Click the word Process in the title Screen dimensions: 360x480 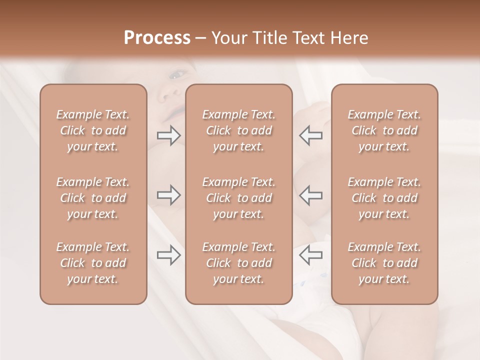[157, 38]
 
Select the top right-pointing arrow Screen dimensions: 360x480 [169, 135]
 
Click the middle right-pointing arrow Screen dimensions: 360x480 [169, 195]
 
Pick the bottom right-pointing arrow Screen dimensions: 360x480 [169, 255]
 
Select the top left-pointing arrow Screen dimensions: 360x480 [310, 135]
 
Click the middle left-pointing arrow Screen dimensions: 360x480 [310, 195]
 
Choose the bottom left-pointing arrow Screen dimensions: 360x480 [310, 255]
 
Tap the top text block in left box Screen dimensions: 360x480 [93, 130]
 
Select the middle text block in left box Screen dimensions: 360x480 [93, 198]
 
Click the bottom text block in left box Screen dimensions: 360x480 [93, 263]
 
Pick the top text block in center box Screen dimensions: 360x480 [238, 130]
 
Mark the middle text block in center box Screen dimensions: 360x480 [238, 198]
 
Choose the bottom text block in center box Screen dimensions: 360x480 [238, 263]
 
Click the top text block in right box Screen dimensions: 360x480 [384, 130]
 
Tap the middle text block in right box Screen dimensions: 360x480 [384, 198]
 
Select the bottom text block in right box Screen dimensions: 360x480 [384, 263]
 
